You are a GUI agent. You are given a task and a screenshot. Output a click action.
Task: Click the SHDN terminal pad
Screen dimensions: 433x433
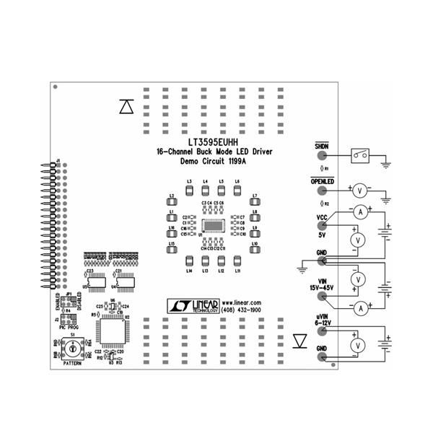coord(321,154)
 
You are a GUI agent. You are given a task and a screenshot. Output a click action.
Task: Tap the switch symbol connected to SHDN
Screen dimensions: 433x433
coord(360,154)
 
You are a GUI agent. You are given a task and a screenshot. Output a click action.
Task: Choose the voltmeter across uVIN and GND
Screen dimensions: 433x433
coord(355,345)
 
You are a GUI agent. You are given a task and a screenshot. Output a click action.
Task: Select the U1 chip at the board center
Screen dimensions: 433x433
coord(214,227)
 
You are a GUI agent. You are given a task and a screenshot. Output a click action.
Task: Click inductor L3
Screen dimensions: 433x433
coord(189,191)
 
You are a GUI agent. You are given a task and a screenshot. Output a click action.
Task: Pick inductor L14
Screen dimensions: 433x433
coord(189,261)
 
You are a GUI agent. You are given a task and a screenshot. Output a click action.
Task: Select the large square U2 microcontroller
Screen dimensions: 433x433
coord(112,333)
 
